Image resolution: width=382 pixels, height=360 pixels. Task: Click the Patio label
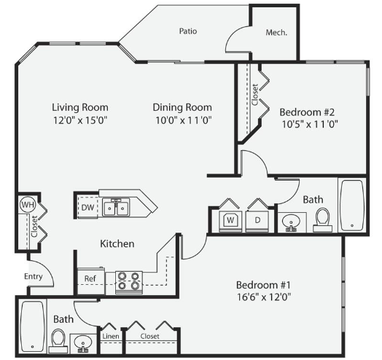[x=188, y=31]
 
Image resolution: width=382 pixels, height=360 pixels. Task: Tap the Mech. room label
[x=276, y=32]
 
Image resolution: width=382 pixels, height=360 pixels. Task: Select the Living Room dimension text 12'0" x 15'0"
[x=80, y=120]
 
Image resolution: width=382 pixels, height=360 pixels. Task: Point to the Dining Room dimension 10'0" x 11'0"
[x=184, y=120]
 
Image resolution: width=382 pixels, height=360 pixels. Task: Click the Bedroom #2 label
[x=307, y=112]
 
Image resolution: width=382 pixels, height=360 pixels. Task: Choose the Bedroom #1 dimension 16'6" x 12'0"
[x=264, y=297]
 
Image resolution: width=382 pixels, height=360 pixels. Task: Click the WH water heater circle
[x=28, y=204]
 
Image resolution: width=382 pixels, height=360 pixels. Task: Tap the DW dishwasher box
[x=88, y=207]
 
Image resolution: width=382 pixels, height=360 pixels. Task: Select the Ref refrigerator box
[x=91, y=280]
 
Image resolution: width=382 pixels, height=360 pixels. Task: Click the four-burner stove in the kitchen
[x=129, y=282]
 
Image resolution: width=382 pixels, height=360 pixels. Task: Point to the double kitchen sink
[x=116, y=208]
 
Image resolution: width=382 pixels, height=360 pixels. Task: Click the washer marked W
[x=230, y=221]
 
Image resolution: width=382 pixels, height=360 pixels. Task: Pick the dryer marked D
[x=257, y=221]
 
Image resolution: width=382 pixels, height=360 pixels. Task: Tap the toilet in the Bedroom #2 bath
[x=322, y=220]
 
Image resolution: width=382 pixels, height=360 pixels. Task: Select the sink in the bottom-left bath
[x=83, y=344]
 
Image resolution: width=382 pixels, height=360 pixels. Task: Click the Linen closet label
[x=111, y=337]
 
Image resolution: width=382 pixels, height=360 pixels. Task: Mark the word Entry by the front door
[x=34, y=276]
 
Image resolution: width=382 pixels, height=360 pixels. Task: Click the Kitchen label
[x=117, y=243]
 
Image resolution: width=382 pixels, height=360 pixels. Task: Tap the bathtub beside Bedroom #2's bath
[x=352, y=205]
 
